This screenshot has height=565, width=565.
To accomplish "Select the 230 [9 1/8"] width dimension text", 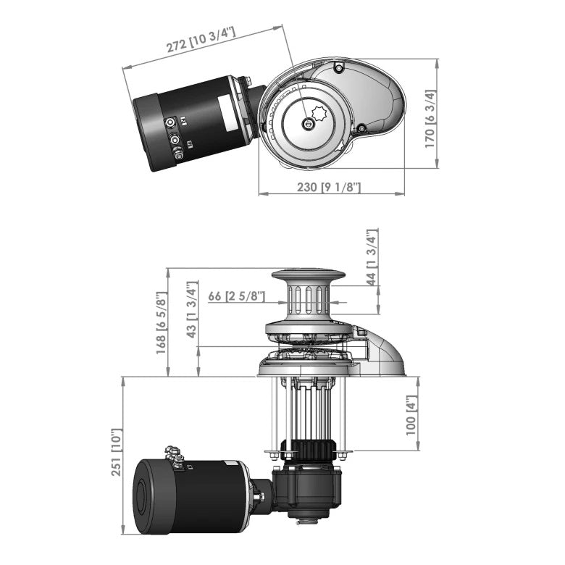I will [330, 187].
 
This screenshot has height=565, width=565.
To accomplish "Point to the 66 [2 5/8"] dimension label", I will [236, 296].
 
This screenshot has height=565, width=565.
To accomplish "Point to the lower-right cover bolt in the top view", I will [361, 130].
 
